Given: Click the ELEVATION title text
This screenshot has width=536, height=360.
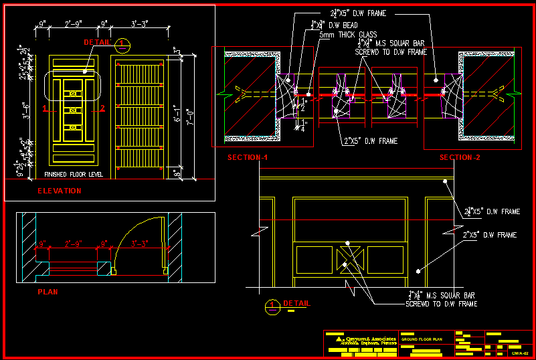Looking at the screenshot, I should pos(59,191).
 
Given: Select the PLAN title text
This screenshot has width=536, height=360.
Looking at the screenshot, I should pos(48,292).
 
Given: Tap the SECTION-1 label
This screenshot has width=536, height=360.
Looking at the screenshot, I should pos(248,157).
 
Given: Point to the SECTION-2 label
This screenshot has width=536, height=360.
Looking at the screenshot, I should pos(460,157).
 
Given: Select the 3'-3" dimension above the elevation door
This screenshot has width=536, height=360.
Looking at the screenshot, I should pos(140,23).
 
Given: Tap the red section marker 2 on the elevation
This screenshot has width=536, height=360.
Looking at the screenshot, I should pos(102,108).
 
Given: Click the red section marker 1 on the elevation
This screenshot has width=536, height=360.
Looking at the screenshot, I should pos(44,108).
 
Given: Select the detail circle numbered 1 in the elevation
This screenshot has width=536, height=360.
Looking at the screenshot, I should pos(122,46).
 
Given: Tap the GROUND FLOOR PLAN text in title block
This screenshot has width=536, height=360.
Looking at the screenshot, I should pos(422,340).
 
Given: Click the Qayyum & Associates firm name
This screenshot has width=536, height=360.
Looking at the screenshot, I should pos(370,339).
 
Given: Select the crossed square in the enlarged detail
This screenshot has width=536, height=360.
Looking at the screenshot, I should pos(350,259).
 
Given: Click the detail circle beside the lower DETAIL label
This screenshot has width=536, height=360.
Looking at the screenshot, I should pos(272,306).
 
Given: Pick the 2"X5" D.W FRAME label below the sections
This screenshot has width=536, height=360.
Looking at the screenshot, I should pos(371,141).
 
